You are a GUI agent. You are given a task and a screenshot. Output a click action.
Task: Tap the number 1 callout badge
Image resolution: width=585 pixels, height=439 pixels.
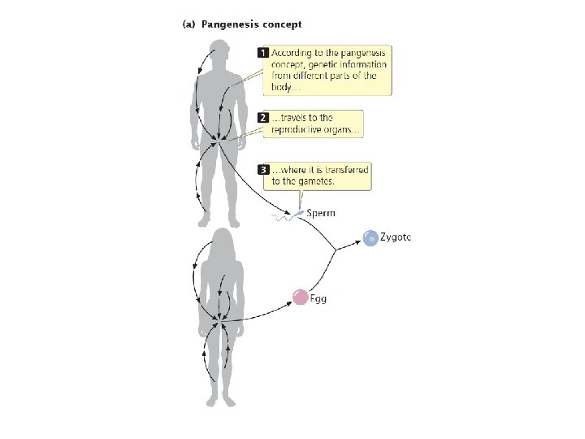click(263, 53)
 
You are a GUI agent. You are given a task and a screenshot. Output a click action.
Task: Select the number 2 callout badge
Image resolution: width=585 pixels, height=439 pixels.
click(263, 118)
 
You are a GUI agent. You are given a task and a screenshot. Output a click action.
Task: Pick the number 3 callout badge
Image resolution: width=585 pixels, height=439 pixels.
click(263, 170)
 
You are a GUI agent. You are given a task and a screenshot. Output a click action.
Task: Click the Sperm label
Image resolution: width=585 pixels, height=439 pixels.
click(321, 213)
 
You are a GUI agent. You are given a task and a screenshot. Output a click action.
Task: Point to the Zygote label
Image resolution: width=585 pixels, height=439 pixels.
click(396, 237)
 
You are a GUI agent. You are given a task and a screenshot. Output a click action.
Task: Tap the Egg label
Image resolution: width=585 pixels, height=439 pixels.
click(318, 298)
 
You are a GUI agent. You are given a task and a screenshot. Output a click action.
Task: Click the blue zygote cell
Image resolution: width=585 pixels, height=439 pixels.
click(370, 238)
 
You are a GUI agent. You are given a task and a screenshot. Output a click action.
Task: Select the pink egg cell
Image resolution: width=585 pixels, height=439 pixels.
click(300, 298)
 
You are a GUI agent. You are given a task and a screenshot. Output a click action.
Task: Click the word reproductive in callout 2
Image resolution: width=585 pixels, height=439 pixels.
click(298, 130)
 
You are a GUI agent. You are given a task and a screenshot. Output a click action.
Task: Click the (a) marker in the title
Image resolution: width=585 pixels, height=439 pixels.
click(186, 24)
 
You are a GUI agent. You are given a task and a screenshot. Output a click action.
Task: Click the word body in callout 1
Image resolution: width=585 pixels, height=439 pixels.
click(282, 87)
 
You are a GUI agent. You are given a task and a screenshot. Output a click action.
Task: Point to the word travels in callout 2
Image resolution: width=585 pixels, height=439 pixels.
click(291, 118)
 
